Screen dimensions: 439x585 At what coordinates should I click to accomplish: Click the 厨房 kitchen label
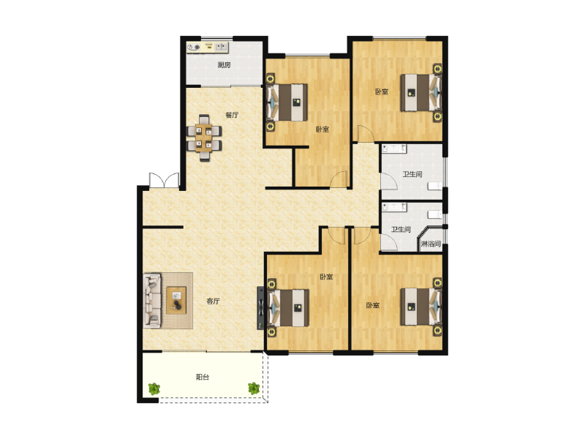coord(224,65)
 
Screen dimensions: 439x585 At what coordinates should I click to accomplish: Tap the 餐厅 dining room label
coord(232,115)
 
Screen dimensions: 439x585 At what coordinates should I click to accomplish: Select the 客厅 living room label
coord(214,301)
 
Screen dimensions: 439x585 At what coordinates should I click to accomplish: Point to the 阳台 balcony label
coord(203,377)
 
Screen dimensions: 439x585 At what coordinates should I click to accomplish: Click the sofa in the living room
coord(153,299)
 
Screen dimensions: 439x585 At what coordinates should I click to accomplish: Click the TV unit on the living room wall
coord(260,307)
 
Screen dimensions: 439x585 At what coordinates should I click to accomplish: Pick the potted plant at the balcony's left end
coord(154,389)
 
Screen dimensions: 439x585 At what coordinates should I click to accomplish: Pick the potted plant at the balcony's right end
coord(254,388)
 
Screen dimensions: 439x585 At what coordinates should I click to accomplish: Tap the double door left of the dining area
coord(164,180)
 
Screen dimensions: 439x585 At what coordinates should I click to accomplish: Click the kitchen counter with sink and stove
coord(208,48)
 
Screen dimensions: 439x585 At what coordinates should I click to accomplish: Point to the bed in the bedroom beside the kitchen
coord(287,102)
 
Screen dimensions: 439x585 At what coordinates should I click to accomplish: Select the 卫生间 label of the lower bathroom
coord(399,229)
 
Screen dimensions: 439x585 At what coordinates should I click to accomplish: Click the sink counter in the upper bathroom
coord(395,149)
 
